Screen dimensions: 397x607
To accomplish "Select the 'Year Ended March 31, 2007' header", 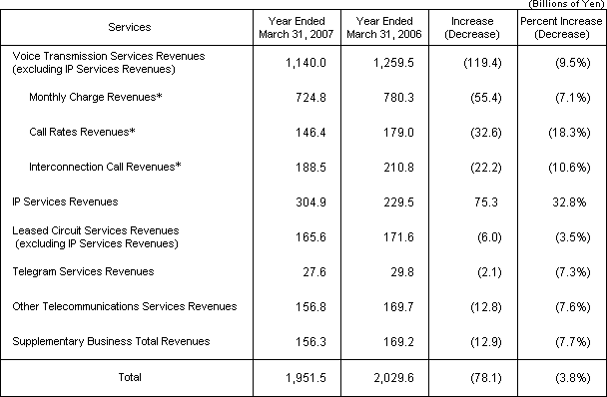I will click(299, 26).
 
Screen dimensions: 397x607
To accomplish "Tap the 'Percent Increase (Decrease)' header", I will click(559, 26).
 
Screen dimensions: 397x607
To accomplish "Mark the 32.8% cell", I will click(559, 201).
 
